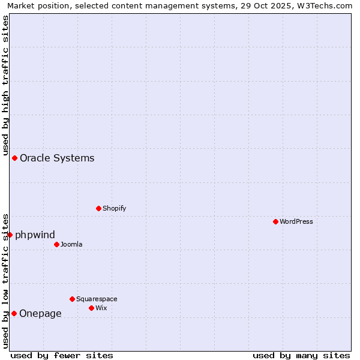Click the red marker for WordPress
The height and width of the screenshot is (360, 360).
(x=275, y=221)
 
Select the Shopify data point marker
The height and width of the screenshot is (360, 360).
(x=98, y=208)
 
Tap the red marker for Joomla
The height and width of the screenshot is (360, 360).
(x=56, y=244)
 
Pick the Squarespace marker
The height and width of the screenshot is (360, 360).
(x=72, y=299)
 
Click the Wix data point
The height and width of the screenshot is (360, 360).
(x=91, y=308)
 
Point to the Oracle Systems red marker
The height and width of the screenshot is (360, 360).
(x=14, y=158)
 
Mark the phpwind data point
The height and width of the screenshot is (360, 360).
(x=10, y=235)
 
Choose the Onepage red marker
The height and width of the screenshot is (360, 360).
(x=14, y=313)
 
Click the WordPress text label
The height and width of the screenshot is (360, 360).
(x=296, y=221)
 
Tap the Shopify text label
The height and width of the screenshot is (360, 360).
(x=115, y=208)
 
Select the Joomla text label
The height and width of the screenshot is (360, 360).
(x=71, y=244)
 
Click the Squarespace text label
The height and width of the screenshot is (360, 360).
(x=97, y=299)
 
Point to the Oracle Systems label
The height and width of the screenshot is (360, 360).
(x=57, y=158)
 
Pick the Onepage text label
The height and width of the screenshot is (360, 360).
(x=40, y=313)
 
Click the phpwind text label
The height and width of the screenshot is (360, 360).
(x=35, y=235)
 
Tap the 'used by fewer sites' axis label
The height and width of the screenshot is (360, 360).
(x=62, y=355)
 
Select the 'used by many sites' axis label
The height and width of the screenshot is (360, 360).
(x=301, y=355)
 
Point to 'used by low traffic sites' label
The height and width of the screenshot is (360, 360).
(x=6, y=281)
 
